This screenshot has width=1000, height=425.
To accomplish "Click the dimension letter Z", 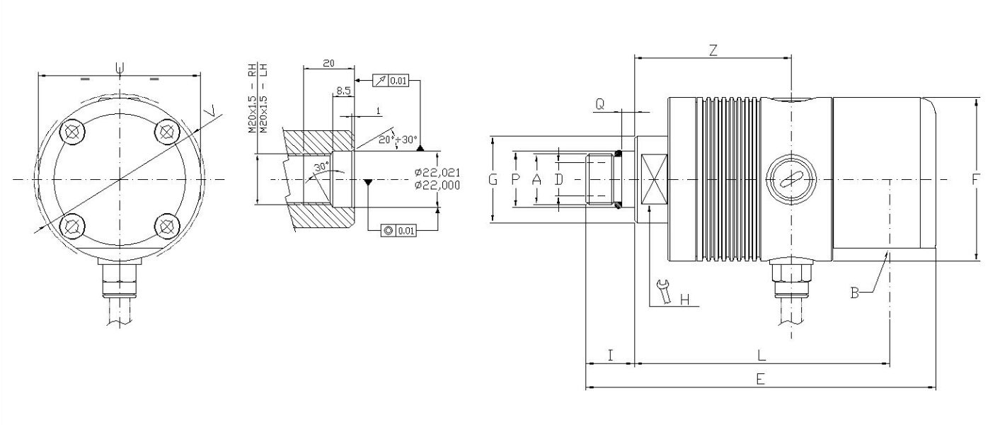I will point(713,50).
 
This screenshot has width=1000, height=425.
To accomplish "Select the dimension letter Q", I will point(600,104).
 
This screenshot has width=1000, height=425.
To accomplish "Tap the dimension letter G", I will point(493,180).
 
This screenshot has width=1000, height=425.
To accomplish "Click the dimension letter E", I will point(760,379).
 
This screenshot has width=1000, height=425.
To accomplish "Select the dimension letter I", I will point(610,353).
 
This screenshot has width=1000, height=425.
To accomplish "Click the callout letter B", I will point(855,292).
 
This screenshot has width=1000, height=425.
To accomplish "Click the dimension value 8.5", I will point(343,91).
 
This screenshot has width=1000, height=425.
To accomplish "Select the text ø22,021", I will point(437,172).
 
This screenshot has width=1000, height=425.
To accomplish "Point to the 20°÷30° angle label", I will point(397,140).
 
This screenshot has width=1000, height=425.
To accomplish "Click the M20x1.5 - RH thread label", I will point(251,99).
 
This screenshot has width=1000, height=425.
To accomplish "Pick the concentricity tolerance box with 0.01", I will point(398,230).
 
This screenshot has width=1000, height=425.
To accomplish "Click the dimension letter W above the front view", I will point(120,68).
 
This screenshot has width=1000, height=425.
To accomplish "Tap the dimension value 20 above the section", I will point(328,63).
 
